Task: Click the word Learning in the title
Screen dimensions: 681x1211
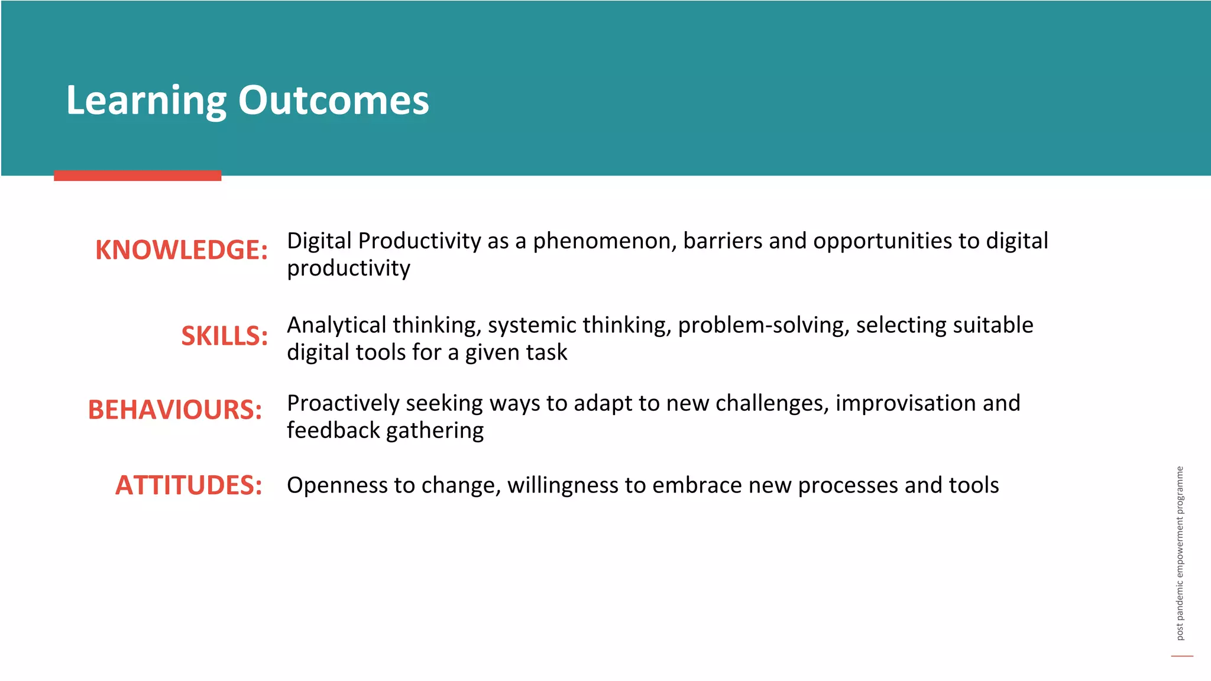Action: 146,100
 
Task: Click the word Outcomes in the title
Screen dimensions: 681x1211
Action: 333,100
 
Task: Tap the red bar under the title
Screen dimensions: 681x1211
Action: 137,176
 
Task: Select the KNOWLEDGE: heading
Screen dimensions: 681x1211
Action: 182,249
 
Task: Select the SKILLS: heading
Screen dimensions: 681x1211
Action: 224,336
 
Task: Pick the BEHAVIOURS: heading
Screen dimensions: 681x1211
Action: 175,410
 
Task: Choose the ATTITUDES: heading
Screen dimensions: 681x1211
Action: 189,485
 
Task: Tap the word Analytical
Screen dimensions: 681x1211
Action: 336,326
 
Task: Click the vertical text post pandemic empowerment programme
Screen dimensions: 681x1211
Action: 1180,553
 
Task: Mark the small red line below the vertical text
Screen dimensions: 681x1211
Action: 1182,656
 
